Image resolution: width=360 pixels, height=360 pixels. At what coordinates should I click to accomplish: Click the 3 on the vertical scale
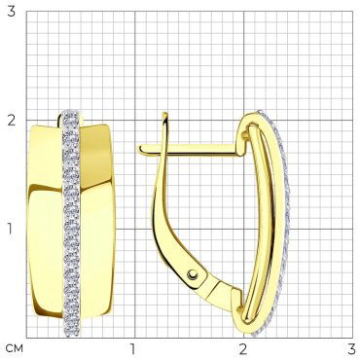[12, 12]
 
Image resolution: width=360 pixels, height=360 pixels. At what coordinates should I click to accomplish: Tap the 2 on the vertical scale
[12, 121]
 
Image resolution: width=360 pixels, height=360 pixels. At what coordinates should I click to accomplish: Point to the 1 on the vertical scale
[12, 230]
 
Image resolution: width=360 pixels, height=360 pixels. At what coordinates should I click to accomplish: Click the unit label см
[15, 349]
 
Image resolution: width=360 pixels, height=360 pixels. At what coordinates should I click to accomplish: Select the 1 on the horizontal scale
[132, 349]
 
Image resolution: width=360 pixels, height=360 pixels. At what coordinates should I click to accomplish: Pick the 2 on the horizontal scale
[243, 349]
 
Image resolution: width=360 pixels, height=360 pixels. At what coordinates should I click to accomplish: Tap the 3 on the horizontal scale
[352, 349]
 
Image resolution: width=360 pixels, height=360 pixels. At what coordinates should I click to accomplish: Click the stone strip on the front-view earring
[71, 224]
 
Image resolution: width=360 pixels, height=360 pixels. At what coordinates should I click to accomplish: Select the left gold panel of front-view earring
[45, 221]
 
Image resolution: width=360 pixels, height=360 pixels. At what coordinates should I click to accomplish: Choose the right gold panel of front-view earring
[96, 221]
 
